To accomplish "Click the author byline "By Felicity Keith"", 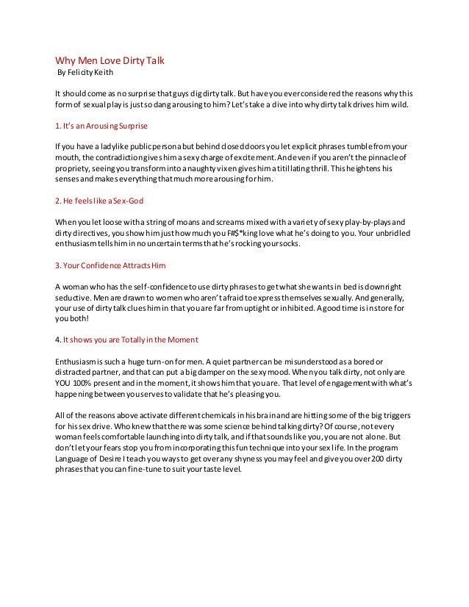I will pyautogui.click(x=85, y=73).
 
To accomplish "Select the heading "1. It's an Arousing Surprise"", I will pyautogui.click(x=102, y=124).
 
